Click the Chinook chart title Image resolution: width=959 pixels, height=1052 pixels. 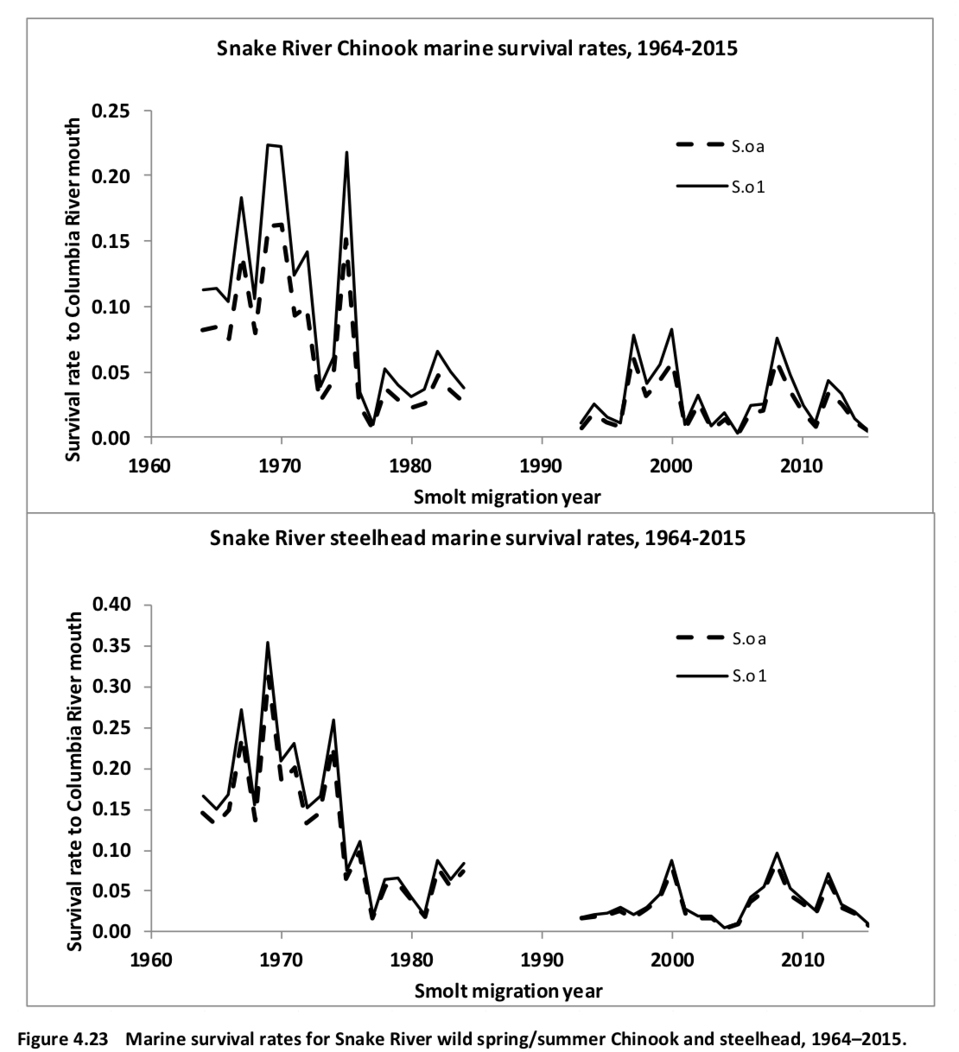pyautogui.click(x=477, y=48)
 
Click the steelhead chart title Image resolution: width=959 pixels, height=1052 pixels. pyautogui.click(x=478, y=538)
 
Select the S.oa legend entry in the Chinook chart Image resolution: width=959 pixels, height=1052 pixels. pyautogui.click(x=721, y=146)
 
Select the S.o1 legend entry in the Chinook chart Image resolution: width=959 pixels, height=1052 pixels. pyautogui.click(x=721, y=187)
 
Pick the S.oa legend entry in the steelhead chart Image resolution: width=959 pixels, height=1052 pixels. pyautogui.click(x=721, y=638)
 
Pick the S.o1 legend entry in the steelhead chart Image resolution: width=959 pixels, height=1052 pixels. pyautogui.click(x=721, y=675)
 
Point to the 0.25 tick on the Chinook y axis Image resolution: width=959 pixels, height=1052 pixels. pyautogui.click(x=111, y=111)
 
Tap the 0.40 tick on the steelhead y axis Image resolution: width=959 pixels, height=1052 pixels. pyautogui.click(x=111, y=604)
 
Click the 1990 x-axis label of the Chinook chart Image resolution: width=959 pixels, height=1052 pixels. pyautogui.click(x=541, y=466)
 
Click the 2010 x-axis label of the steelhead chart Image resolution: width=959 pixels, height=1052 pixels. pyautogui.click(x=802, y=960)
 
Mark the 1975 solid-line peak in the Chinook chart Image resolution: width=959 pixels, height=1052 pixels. pyautogui.click(x=346, y=153)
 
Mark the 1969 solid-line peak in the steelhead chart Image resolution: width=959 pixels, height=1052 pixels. pyautogui.click(x=268, y=643)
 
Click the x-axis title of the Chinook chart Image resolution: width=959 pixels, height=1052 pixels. pyautogui.click(x=507, y=497)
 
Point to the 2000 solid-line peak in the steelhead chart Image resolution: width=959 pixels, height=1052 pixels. pyautogui.click(x=671, y=860)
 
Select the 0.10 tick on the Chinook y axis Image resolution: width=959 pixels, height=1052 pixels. pyautogui.click(x=111, y=307)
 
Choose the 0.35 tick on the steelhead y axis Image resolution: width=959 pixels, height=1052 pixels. pyautogui.click(x=111, y=645)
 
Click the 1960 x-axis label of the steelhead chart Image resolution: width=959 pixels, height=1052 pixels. pyautogui.click(x=151, y=960)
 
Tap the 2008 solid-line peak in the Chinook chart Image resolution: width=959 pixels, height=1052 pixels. pyautogui.click(x=777, y=339)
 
